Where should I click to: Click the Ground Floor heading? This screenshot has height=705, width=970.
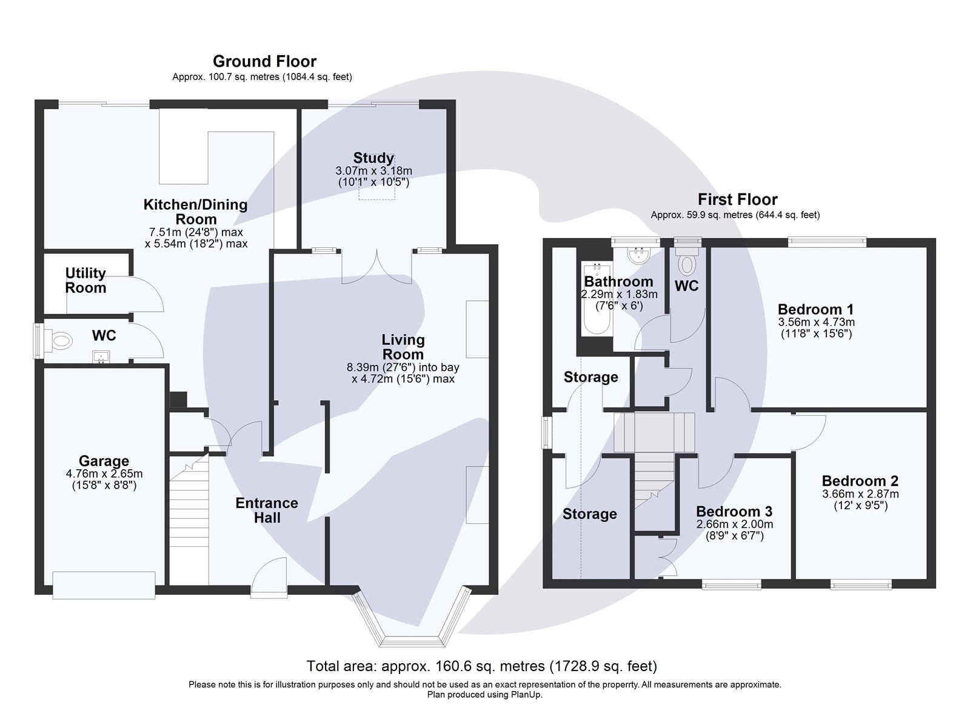point(264,61)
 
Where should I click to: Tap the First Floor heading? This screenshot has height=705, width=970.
point(737,199)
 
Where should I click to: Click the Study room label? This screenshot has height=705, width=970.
point(373,158)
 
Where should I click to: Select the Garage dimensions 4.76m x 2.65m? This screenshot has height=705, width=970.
point(104,473)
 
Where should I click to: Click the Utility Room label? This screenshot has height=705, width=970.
point(85,280)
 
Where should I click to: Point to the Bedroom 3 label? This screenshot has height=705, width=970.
point(734,511)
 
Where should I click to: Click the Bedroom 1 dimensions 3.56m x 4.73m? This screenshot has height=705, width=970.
point(816,322)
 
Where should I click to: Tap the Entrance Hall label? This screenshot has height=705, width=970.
point(267,510)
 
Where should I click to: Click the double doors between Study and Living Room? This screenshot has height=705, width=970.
point(377,269)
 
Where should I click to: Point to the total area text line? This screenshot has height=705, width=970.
point(481,666)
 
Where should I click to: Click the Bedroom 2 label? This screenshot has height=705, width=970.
point(860,481)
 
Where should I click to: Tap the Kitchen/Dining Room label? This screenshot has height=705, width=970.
point(195,212)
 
